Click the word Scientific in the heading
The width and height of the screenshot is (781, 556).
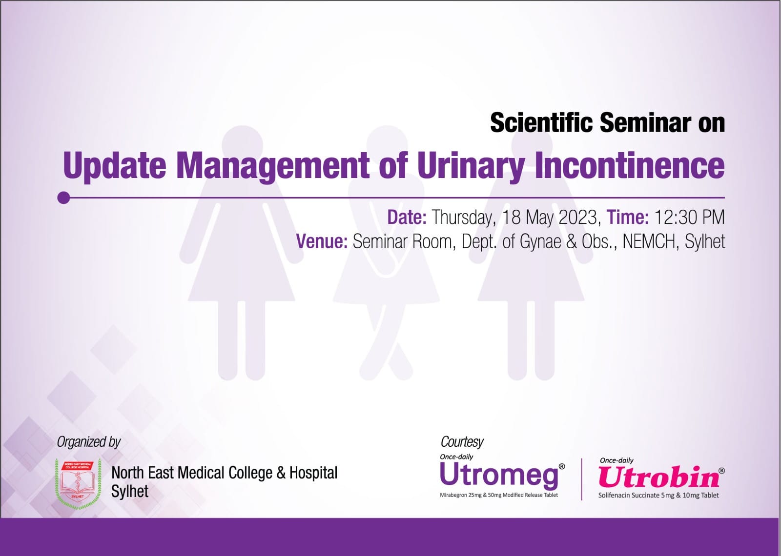tap(541, 123)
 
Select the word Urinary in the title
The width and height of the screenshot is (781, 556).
tap(471, 167)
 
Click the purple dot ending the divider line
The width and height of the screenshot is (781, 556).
tap(63, 198)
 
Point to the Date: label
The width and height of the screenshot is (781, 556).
tap(407, 218)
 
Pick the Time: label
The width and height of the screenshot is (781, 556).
tap(628, 218)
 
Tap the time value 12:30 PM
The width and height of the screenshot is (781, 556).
tap(690, 218)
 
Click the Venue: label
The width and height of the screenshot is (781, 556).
tap(322, 241)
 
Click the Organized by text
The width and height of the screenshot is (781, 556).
tap(88, 442)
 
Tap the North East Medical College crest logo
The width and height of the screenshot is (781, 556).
tap(79, 483)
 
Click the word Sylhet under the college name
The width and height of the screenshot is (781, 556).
tap(130, 492)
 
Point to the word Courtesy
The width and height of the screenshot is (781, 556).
tap(462, 442)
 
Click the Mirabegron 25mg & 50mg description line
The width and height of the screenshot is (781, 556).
tap(499, 495)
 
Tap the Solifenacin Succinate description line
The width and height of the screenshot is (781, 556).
tap(658, 496)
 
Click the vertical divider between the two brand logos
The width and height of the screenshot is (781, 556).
tap(581, 479)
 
